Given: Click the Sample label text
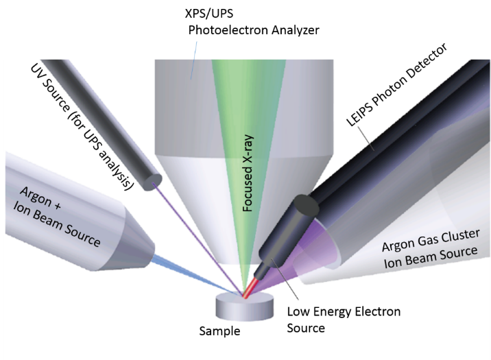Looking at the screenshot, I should [x=219, y=331].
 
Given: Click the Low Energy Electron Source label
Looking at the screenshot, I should [x=342, y=320].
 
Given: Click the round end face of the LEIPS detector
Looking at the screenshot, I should [x=302, y=206].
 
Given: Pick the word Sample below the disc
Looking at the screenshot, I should [x=219, y=331].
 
